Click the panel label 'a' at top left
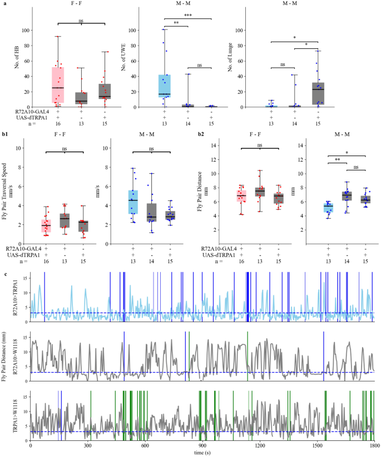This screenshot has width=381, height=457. [6, 4]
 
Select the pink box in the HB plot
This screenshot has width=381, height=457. [58, 84]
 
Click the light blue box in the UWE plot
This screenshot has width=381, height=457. [165, 86]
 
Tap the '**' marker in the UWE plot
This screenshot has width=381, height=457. [176, 24]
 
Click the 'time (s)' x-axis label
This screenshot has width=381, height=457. [202, 453]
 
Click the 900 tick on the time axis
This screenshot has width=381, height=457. [202, 446]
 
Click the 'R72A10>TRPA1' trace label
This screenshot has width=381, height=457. [17, 298]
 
